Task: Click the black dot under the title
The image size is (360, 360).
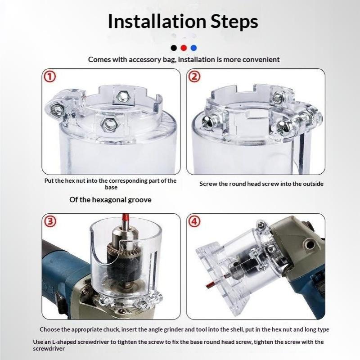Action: (x=174, y=48)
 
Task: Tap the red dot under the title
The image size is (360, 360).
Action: (x=184, y=48)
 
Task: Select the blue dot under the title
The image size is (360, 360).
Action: (x=193, y=48)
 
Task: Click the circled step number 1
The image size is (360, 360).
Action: (x=49, y=76)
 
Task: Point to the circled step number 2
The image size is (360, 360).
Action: (x=194, y=76)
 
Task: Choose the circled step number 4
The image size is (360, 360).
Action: (x=194, y=221)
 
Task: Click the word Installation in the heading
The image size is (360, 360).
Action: (x=157, y=21)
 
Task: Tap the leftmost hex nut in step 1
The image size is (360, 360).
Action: (x=57, y=110)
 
